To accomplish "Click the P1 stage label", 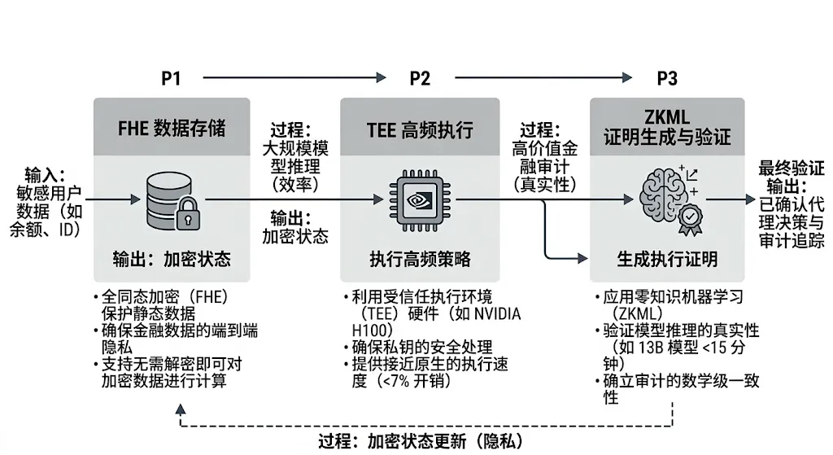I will pos(171,78).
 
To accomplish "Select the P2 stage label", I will pos(420,78).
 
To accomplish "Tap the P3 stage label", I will pos(667,78).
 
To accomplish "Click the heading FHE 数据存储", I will pos(172,128).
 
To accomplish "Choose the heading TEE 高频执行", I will pos(420,128).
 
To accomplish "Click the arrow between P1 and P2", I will pos(293,78).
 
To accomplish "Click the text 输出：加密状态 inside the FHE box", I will pos(172,260).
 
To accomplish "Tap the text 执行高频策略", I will pos(420,260).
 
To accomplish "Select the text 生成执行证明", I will pos(667,260).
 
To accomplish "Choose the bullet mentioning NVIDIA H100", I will pos(430,313).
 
